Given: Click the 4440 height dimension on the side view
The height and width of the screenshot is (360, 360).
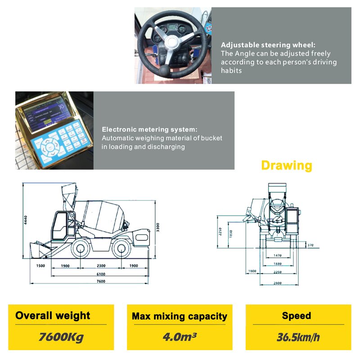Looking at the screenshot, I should point(27,220).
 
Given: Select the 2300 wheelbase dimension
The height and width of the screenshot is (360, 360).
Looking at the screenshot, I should point(101,266).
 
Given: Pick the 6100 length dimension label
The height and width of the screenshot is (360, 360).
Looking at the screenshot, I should point(101,274).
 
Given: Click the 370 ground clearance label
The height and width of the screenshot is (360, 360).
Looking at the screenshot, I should point(310,245).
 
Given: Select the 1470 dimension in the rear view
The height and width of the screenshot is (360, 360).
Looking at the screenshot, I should point(277,256).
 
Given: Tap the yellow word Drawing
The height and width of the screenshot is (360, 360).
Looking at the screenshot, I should point(286,165).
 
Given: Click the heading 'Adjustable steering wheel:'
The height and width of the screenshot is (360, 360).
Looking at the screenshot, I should point(268,45).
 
